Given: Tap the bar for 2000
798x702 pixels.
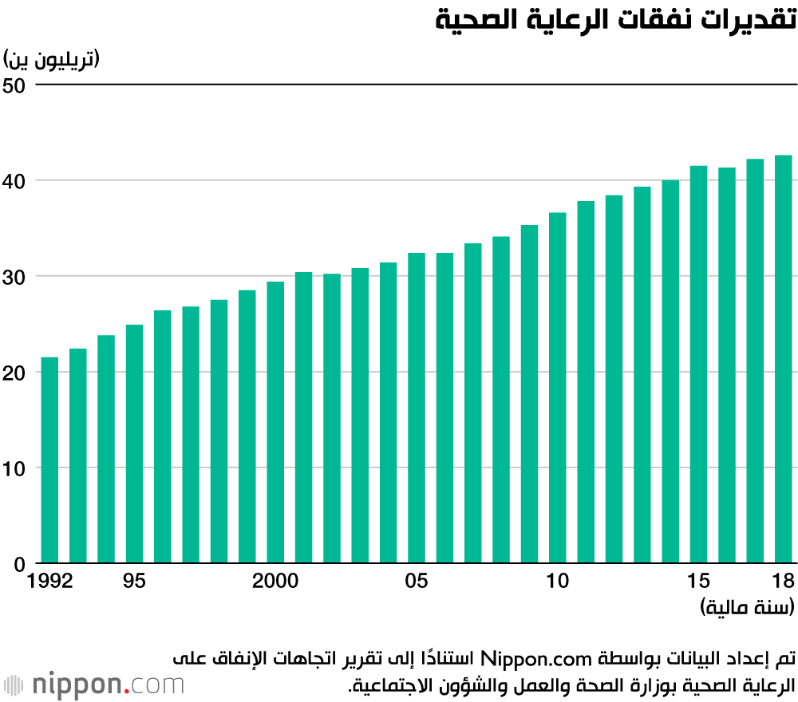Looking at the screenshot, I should (275, 423).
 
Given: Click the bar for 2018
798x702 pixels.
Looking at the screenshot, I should (783, 359).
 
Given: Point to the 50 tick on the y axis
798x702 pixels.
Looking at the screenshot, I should (15, 85).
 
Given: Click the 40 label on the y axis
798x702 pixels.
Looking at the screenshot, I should (15, 181).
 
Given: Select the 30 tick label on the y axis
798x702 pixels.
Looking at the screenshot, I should (15, 277).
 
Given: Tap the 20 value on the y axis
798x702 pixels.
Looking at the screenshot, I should (15, 373).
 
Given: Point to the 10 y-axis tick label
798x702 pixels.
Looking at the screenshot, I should (15, 468).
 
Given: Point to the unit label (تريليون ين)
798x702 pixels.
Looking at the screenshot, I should (51, 58).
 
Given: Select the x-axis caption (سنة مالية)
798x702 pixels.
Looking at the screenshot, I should (747, 608).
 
